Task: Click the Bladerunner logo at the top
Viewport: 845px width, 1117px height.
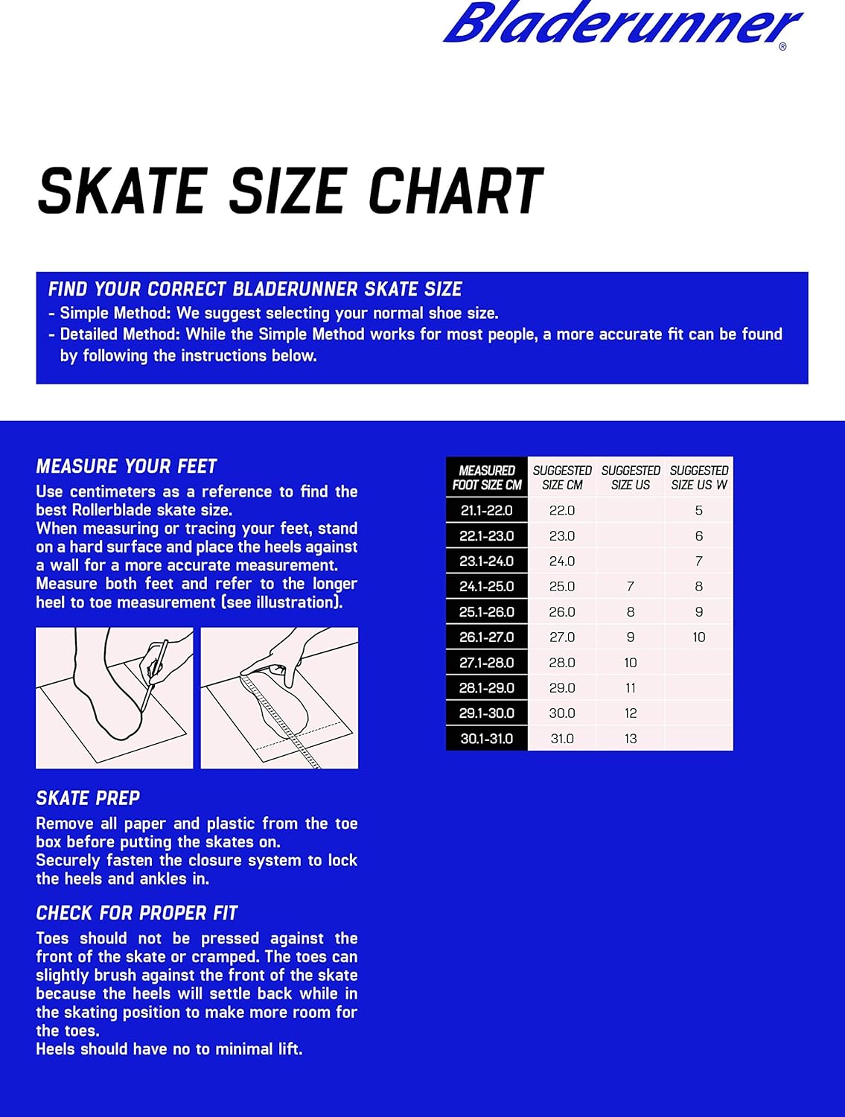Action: point(622,24)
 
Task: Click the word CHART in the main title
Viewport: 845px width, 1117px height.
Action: point(456,191)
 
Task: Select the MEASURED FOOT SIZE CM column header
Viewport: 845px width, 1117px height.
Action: point(487,478)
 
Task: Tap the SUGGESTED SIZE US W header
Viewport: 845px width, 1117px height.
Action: point(698,478)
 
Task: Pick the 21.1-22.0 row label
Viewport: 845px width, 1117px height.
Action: point(487,511)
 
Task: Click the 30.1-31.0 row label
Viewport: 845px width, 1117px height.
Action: point(487,739)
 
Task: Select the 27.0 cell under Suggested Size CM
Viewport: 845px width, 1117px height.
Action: point(562,637)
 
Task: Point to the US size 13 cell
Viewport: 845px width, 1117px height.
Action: point(631,739)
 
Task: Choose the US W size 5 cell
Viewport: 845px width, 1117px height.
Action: point(698,511)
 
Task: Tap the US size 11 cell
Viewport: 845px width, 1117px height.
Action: point(631,688)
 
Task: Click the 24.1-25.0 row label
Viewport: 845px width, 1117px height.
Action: point(487,587)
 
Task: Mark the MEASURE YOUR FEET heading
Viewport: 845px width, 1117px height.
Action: point(127,467)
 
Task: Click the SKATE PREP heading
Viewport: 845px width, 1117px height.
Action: point(88,798)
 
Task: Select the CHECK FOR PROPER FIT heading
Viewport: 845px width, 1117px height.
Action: point(137,913)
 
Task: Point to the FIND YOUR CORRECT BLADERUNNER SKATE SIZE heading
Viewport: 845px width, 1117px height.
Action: point(255,290)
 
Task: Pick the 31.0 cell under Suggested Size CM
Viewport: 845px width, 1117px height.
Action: point(562,739)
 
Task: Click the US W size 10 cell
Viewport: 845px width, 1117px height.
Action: point(698,637)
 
